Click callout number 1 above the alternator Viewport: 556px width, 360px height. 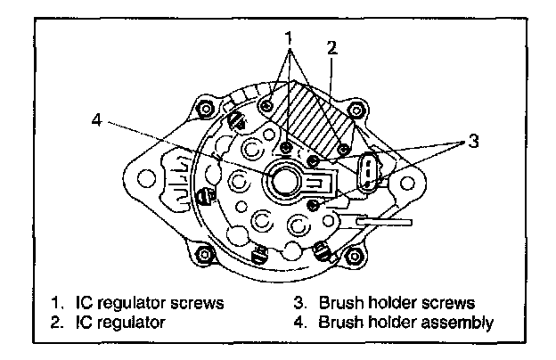288,38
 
